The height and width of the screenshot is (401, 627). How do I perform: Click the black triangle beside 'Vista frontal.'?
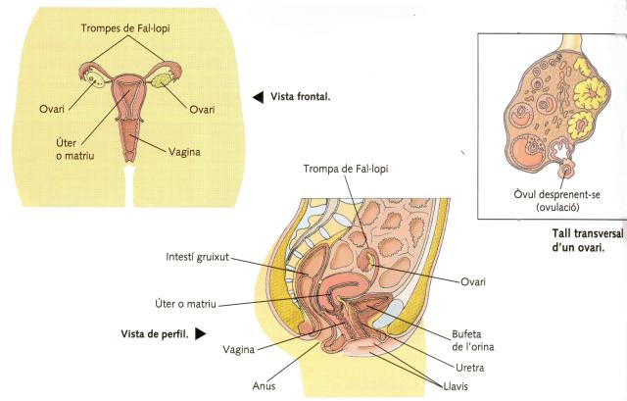coord(258,97)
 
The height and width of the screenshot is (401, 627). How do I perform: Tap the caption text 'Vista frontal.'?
coord(300,97)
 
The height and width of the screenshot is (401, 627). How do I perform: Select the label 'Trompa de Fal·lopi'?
coord(347,169)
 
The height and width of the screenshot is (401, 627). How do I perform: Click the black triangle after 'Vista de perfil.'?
coord(201,333)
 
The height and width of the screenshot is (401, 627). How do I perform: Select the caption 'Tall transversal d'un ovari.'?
coord(572,241)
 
